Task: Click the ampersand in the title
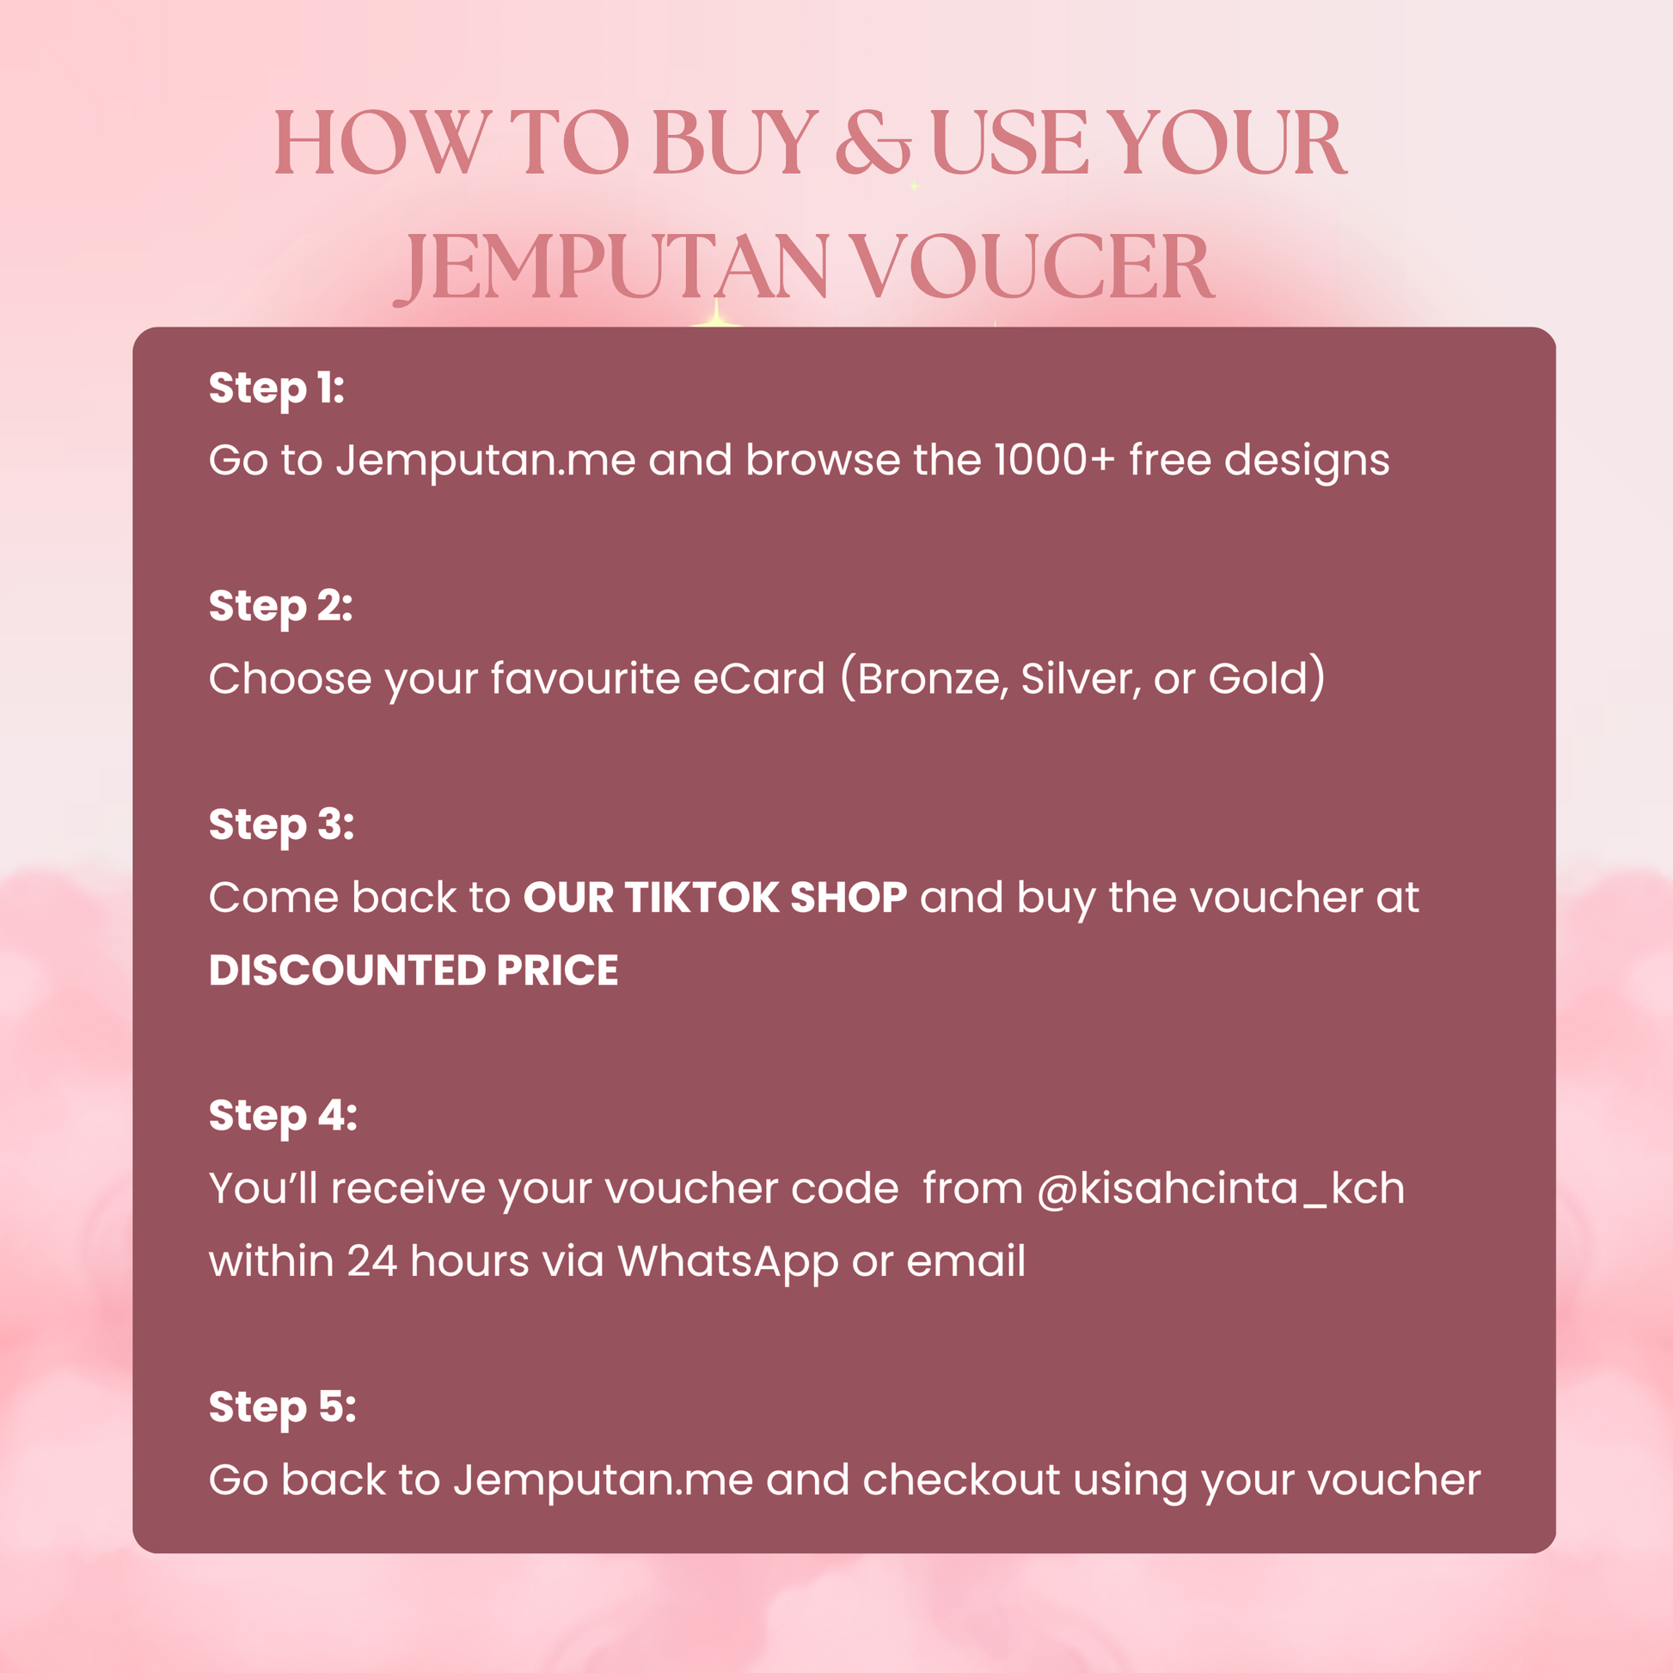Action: click(872, 142)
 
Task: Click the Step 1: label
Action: click(277, 388)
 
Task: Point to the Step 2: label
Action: click(281, 606)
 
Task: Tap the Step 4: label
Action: click(283, 1115)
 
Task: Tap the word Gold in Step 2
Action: click(1258, 679)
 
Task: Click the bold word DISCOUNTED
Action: click(347, 970)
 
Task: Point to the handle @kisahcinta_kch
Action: click(1221, 1189)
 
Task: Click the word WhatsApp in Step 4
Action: click(727, 1263)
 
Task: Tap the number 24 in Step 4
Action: click(372, 1262)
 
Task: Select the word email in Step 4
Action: click(965, 1261)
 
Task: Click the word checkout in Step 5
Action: click(961, 1480)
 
